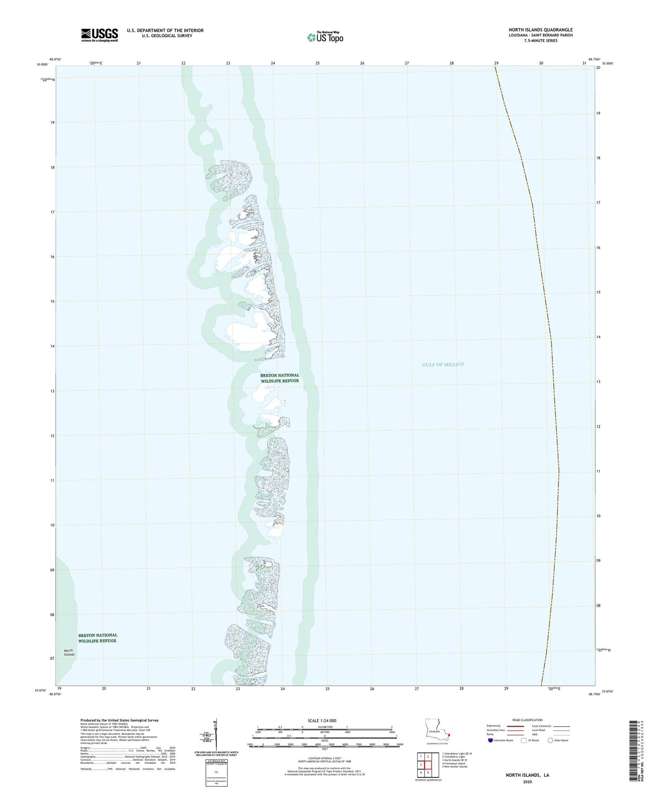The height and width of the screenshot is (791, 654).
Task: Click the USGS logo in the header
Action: click(x=100, y=35)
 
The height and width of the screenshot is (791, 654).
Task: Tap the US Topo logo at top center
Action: click(x=325, y=37)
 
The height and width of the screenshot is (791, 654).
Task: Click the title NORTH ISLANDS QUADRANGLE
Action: click(x=540, y=30)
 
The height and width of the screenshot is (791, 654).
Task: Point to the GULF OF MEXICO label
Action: click(x=443, y=364)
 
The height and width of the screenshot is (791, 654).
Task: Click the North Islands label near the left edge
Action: click(x=69, y=652)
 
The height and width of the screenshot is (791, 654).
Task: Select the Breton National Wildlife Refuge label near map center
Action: click(x=280, y=378)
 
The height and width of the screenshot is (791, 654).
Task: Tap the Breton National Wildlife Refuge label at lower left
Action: click(x=97, y=638)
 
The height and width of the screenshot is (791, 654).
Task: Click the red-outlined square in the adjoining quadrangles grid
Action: click(x=428, y=765)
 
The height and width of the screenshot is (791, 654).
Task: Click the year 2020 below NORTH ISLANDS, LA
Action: click(x=527, y=781)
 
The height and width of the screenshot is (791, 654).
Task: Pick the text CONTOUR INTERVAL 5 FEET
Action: click(x=325, y=758)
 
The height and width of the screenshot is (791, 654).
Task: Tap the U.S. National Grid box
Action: click(x=216, y=772)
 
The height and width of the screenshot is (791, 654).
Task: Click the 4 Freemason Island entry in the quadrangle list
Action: click(x=454, y=763)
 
